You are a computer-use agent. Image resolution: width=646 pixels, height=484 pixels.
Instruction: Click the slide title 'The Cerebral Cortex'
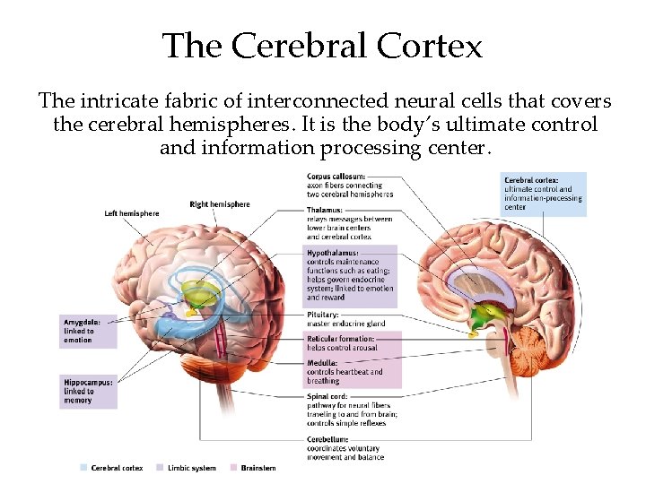point(322,45)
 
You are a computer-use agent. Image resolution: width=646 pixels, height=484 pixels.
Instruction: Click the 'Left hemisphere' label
point(131,213)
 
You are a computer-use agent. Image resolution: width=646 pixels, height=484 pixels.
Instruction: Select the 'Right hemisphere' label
point(220,204)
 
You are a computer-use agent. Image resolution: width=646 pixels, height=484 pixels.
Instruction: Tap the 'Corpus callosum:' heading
point(335,176)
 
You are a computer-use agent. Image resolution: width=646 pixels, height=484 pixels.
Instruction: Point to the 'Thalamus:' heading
point(326,210)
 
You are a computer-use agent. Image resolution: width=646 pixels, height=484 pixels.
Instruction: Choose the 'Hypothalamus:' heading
point(333,253)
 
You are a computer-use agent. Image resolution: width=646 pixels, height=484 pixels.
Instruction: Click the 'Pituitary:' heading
point(323,315)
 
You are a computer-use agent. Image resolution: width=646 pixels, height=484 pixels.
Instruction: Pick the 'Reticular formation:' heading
point(342,339)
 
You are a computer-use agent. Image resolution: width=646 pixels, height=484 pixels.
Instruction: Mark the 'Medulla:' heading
point(322,363)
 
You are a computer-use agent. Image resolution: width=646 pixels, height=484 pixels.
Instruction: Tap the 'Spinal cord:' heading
point(327,396)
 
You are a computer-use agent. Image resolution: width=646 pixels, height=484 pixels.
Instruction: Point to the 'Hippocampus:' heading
point(87,382)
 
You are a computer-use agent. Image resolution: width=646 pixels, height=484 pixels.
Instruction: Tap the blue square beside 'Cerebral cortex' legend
point(83,468)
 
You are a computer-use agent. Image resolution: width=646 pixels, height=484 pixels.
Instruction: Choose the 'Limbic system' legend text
point(191,468)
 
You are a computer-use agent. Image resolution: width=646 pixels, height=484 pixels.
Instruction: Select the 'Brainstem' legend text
point(258,468)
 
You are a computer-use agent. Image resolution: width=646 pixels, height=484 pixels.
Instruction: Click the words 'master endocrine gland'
point(346,324)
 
